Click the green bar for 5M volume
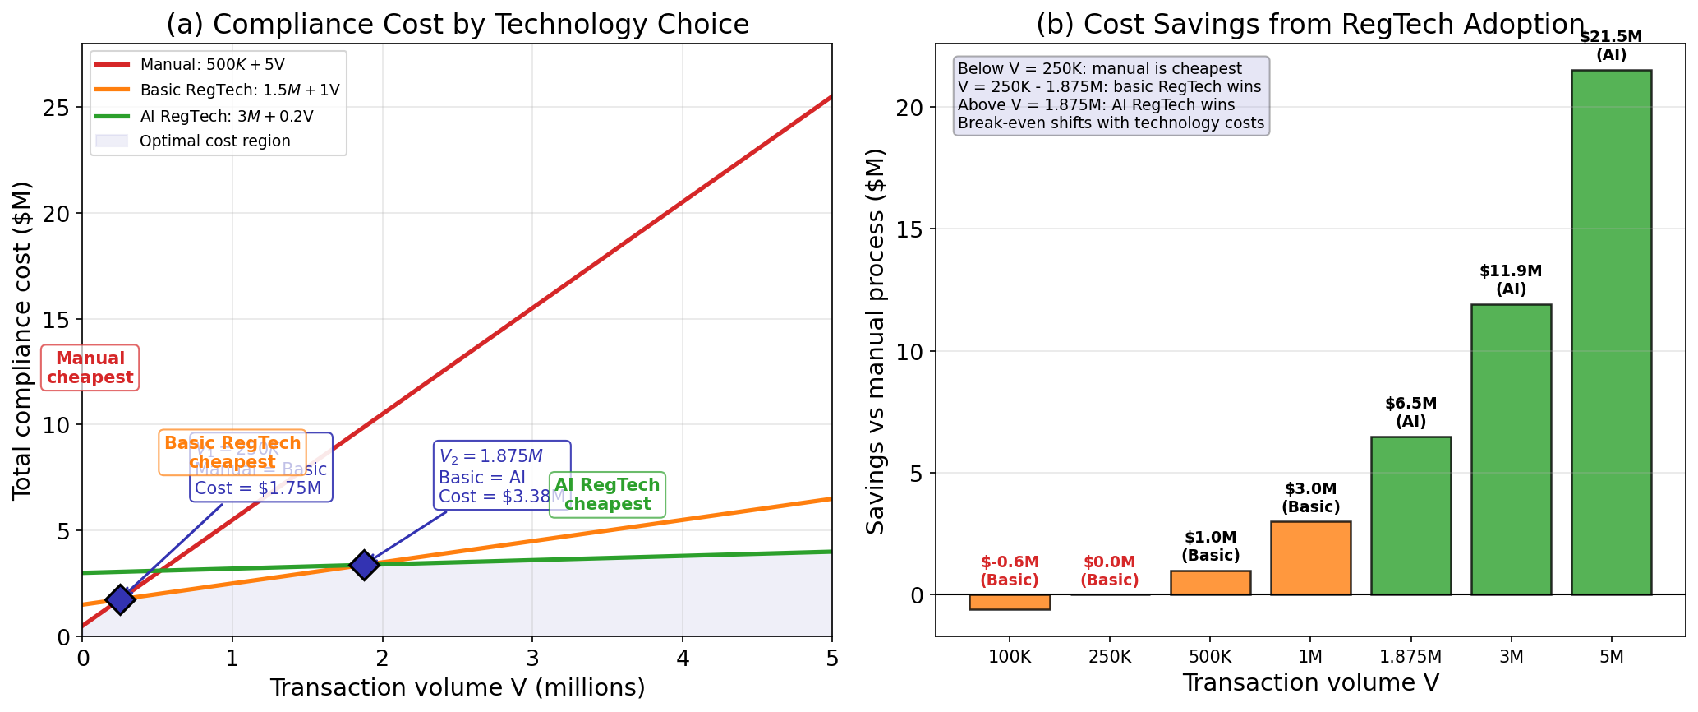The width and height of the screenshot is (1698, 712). (x=1611, y=332)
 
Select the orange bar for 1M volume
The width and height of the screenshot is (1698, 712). (x=1310, y=557)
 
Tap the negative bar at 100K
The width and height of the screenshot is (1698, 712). (x=1009, y=602)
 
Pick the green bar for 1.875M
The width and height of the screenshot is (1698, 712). (x=1410, y=516)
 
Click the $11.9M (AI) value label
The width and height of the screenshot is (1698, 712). (x=1510, y=280)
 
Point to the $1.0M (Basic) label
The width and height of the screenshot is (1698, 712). (x=1210, y=546)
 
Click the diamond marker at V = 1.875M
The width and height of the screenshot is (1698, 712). (x=364, y=565)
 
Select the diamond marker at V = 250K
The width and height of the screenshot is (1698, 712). (x=120, y=599)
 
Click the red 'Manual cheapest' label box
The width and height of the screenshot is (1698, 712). (x=90, y=368)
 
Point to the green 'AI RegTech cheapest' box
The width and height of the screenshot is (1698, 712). (x=607, y=494)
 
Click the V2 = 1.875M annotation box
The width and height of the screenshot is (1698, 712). (x=502, y=476)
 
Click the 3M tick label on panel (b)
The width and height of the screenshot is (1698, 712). (x=1511, y=656)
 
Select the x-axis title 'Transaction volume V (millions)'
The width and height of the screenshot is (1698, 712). (x=457, y=687)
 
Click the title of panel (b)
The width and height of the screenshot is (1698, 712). (x=1309, y=25)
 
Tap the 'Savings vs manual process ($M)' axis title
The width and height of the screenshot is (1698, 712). (x=877, y=340)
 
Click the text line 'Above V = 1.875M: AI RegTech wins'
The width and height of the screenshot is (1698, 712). (x=1096, y=104)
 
